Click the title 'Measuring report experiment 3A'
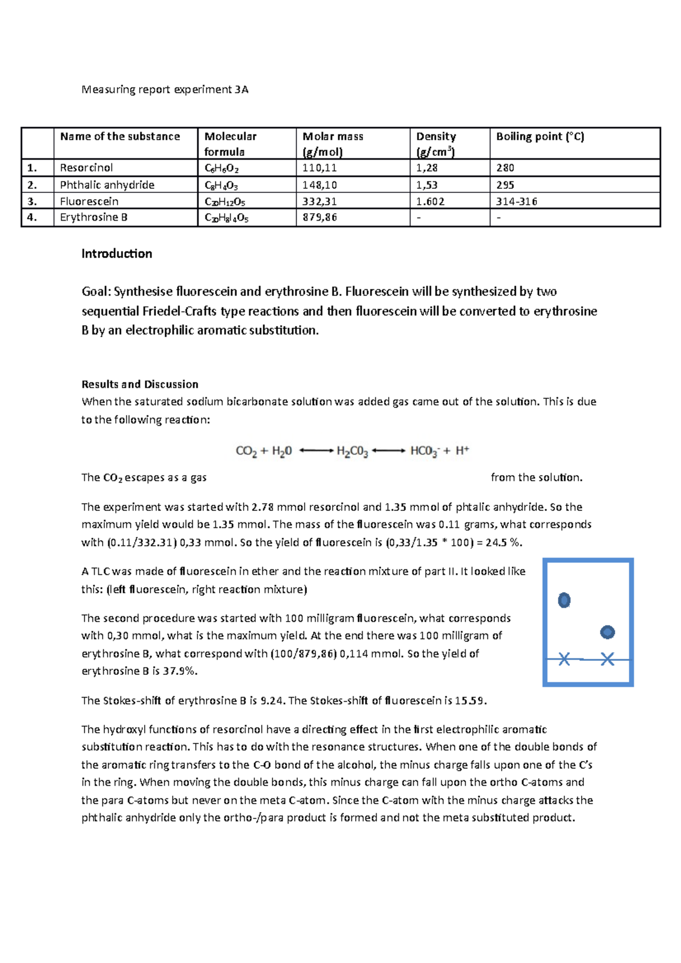165,90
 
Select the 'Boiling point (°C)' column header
540,137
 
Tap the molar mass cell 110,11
320,168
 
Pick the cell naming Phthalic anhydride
107,185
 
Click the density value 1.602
430,201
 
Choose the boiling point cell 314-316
516,201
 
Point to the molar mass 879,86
320,217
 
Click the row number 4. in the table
32,217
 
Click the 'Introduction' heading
116,254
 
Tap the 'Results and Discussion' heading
140,385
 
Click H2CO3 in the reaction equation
352,451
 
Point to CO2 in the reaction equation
246,451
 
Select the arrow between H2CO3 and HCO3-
389,451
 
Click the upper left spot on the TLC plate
564,600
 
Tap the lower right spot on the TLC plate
607,632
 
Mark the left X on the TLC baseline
564,659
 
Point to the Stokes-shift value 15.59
470,701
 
